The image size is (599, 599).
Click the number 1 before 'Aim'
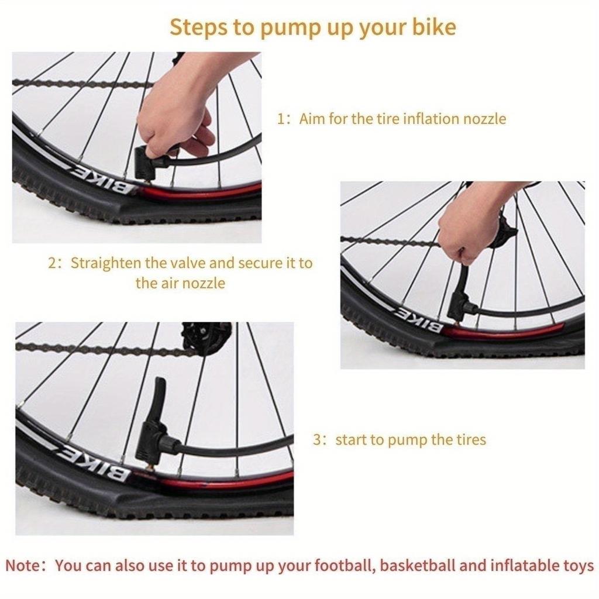281,119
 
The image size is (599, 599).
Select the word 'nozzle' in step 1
484,119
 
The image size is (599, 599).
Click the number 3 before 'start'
317,439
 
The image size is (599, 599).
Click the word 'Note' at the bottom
23,566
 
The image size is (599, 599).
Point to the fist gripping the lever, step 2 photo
456,237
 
